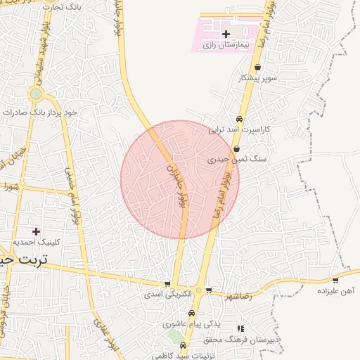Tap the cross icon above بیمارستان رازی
(226, 34)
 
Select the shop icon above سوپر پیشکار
(258, 67)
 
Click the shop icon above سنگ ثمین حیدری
(236, 149)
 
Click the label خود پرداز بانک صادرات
(39, 112)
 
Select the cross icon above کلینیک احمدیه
(36, 231)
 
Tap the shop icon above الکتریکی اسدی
(167, 284)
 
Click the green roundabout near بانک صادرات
(35, 94)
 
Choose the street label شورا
(10, 187)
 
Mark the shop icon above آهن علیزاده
(335, 280)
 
